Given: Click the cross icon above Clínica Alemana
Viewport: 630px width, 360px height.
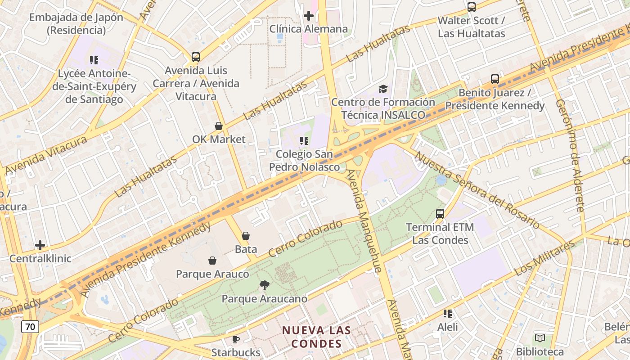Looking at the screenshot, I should click(x=308, y=16).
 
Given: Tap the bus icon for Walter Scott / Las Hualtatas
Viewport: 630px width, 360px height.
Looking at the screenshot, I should click(x=472, y=7).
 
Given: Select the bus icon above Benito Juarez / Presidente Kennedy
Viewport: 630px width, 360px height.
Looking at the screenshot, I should click(x=495, y=79).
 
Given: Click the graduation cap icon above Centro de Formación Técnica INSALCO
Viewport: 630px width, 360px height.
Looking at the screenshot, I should click(x=383, y=89).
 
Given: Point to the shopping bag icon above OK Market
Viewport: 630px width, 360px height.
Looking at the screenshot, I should click(x=219, y=126).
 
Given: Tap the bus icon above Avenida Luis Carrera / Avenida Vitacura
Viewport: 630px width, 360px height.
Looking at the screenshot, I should click(x=196, y=57).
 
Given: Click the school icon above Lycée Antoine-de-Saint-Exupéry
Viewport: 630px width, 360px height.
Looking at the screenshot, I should click(x=94, y=60).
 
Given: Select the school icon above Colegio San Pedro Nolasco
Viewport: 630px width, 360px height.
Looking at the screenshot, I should click(x=304, y=141).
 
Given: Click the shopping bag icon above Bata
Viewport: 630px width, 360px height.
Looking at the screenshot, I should click(x=246, y=236).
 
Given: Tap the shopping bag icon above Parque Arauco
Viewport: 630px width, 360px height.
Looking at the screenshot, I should click(x=212, y=261).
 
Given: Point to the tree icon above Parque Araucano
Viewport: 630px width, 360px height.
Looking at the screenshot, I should click(x=265, y=285).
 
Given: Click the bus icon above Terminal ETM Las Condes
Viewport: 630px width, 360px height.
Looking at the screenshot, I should click(x=440, y=214).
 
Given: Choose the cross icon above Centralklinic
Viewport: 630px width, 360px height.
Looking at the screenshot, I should click(x=40, y=245).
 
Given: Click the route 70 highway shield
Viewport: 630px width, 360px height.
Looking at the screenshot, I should click(x=30, y=326).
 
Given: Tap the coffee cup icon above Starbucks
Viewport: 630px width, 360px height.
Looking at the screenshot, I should click(x=235, y=339).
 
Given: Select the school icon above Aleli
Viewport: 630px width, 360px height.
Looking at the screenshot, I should click(x=448, y=313).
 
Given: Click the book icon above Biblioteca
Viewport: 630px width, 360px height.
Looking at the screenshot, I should click(x=540, y=338).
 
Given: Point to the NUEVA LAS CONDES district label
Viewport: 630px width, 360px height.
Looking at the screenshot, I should click(x=316, y=337).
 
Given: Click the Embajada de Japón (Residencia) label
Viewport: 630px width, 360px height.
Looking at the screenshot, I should click(x=76, y=24).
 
